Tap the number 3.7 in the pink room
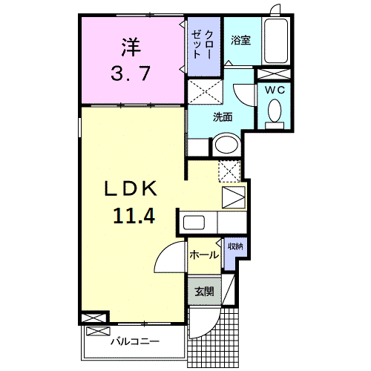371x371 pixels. pos(131,73)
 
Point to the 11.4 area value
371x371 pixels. pos(134,216)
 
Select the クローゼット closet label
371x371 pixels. pos(203,45)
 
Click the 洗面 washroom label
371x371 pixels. pos(223,116)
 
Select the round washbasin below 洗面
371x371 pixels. pos(226,145)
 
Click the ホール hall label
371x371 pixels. pos(203,255)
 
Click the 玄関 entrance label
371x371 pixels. pos(204,292)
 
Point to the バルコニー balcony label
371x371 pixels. pos(135,341)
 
